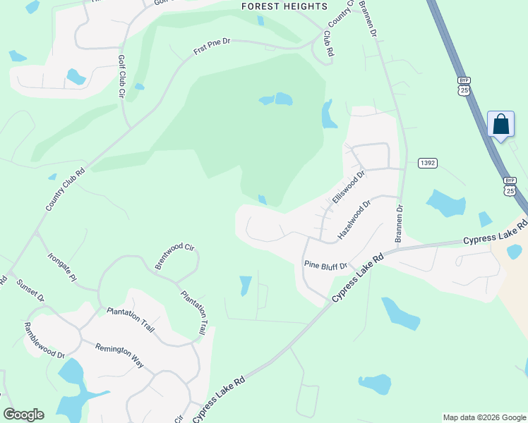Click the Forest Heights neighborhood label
coord(284,6)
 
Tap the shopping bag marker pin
coord(500,125)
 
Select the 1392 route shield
coord(427,163)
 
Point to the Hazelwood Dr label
coord(354,220)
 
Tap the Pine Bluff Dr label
coord(325,266)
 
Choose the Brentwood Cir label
coord(174,256)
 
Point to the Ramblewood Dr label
coord(44,340)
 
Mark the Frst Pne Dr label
coord(212,47)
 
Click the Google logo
coord(23,415)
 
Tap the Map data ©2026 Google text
coord(484,417)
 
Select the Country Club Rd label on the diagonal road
coord(65,189)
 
